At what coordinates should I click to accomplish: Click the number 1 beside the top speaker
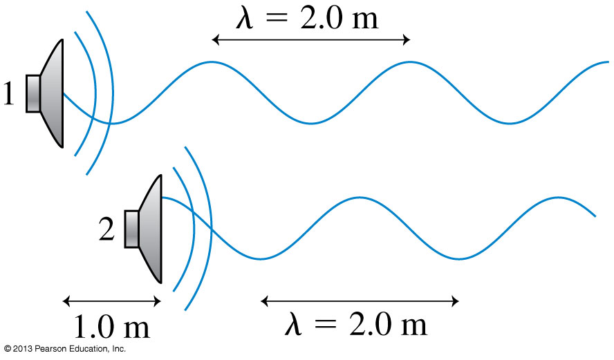pos(8,94)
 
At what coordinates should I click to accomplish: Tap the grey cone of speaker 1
pos(53,93)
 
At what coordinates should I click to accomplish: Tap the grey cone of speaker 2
pos(151,229)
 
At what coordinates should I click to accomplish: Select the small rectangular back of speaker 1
pos(33,93)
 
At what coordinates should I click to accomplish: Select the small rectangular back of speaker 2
pos(131,229)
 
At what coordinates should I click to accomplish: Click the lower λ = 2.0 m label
pos(356,323)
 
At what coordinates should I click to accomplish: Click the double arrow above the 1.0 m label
pos(112,301)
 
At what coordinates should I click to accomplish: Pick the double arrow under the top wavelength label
pos(311,40)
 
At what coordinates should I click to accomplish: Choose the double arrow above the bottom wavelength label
pos(360,301)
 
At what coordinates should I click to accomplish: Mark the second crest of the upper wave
pos(410,63)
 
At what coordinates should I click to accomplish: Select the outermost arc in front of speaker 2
pos(210,228)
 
